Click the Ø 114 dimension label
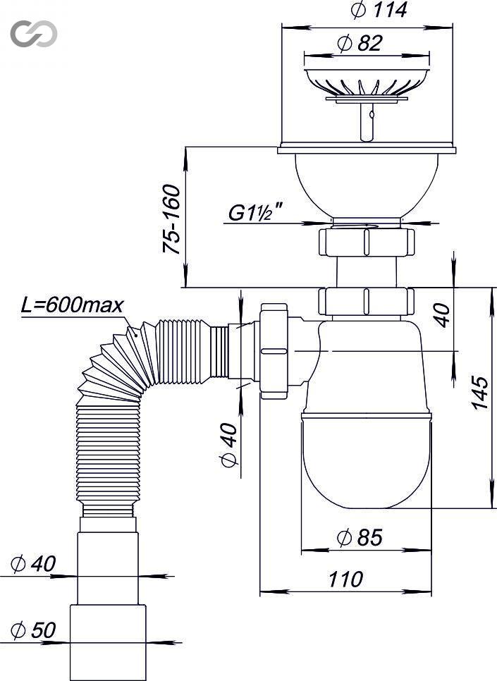tap(379, 10)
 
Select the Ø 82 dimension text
tap(360, 44)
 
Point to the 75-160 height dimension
tap(171, 219)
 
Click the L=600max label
tap(72, 305)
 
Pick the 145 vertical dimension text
tap(480, 393)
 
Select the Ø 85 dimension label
tap(360, 538)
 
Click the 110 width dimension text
tap(345, 579)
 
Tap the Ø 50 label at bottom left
tap(33, 630)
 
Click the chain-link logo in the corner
tap(34, 33)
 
